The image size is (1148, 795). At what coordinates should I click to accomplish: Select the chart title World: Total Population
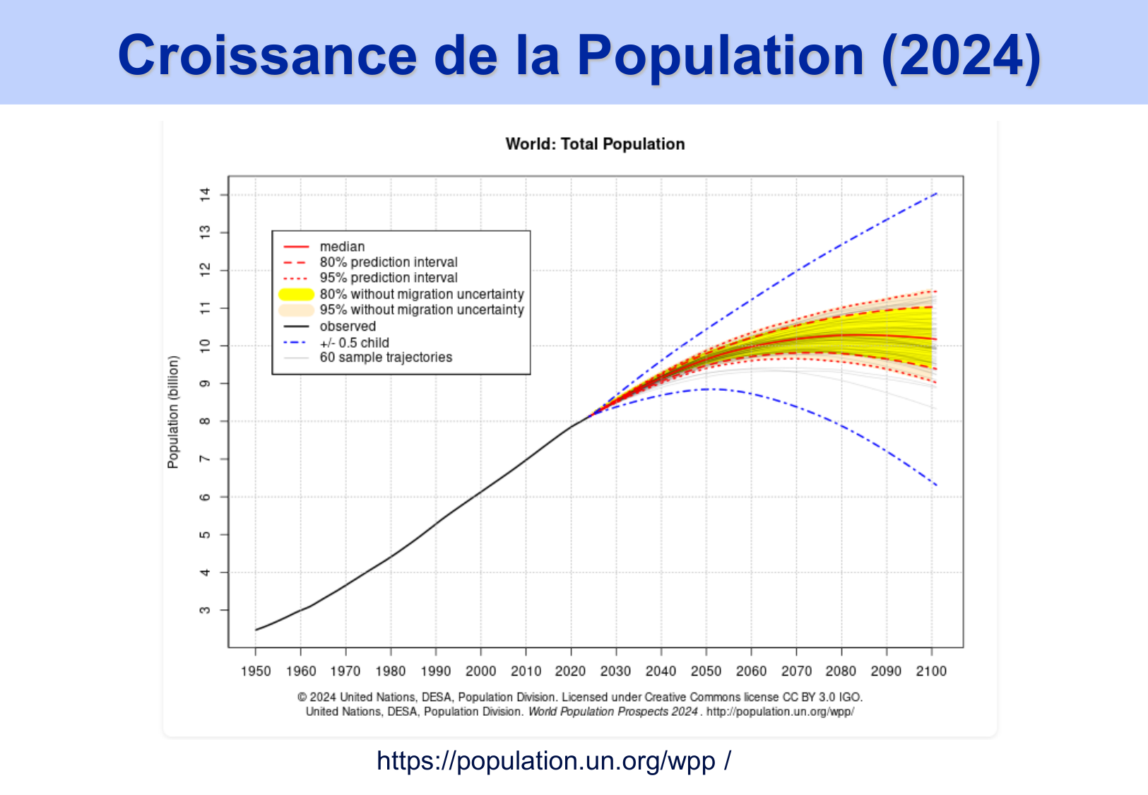(595, 144)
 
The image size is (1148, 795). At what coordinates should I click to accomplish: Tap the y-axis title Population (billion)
(173, 412)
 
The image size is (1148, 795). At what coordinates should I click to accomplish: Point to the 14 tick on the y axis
(205, 194)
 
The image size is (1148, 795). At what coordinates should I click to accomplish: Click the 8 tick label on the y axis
(205, 421)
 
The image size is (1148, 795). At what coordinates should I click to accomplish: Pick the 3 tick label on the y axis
(205, 610)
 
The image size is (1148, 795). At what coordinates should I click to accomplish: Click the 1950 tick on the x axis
(256, 671)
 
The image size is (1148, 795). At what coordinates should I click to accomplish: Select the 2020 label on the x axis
(571, 671)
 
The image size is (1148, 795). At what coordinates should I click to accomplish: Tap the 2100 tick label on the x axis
(931, 671)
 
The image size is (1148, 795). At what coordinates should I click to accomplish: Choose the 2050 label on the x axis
(706, 671)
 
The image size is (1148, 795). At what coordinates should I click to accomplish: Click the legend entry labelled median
(342, 247)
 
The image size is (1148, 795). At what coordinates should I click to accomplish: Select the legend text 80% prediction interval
(389, 262)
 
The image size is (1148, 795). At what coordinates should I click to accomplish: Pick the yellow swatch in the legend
(297, 294)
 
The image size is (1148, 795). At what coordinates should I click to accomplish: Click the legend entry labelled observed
(348, 326)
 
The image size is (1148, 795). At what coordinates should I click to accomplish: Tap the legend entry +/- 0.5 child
(354, 343)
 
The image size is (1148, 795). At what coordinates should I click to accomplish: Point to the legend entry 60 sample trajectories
(386, 358)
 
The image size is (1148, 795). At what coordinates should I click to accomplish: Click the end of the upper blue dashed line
(936, 193)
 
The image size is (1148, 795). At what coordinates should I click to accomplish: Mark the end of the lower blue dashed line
(936, 485)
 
